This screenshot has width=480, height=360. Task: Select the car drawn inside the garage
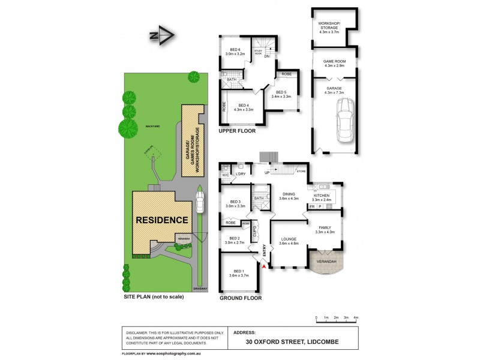click(346, 119)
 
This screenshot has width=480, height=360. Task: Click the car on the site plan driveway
click(199, 202)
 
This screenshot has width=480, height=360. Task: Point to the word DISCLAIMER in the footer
click(138, 332)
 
